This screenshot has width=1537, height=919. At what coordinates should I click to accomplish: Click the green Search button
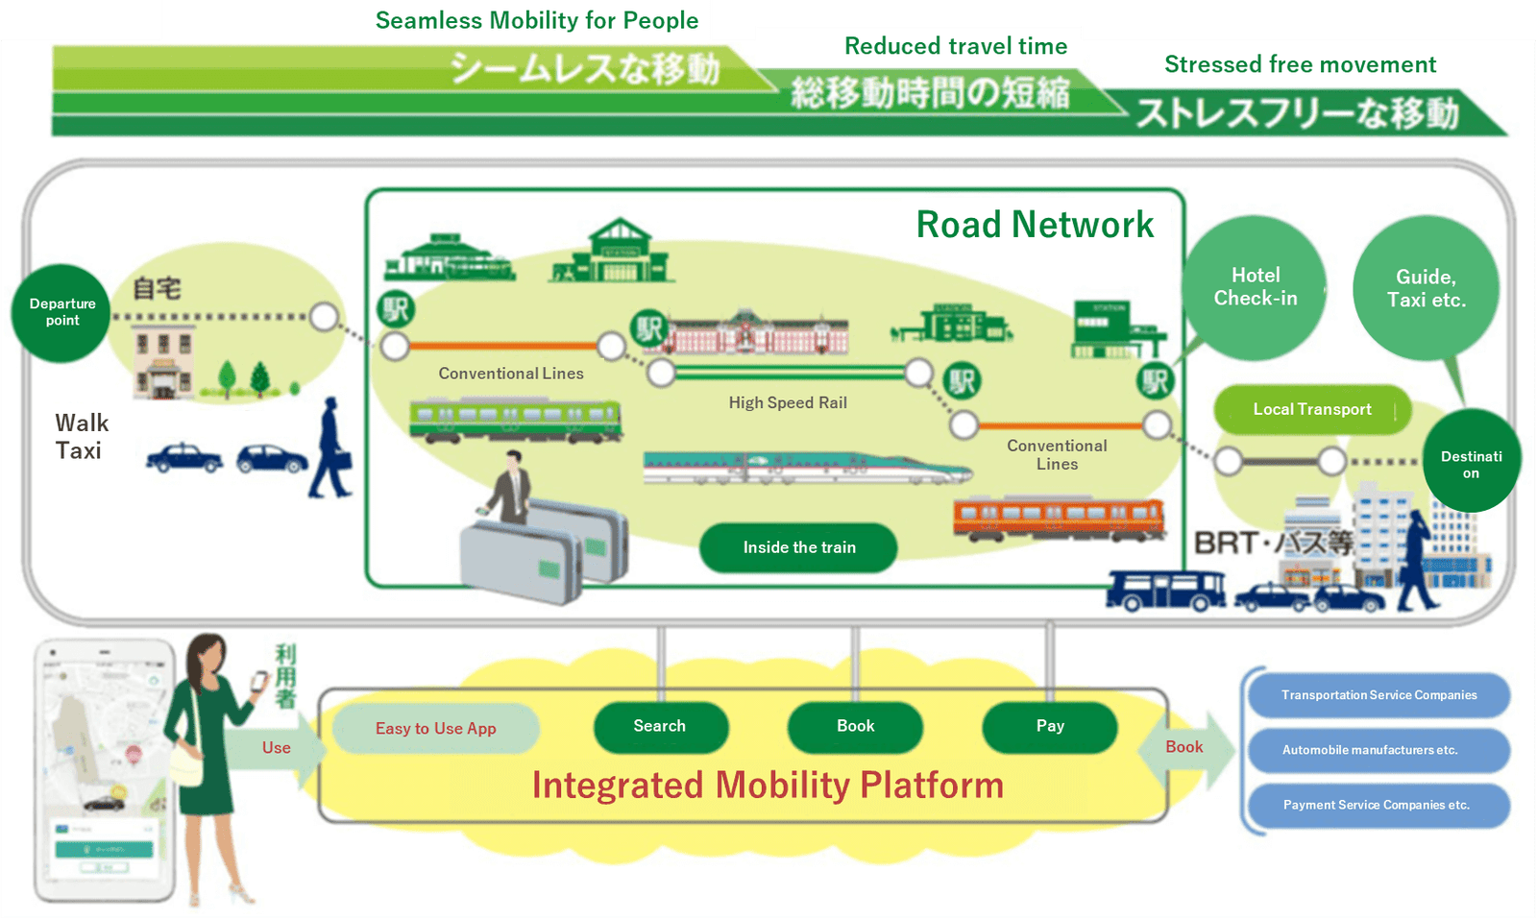[660, 727]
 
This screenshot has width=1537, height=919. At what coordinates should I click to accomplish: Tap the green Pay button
[1049, 727]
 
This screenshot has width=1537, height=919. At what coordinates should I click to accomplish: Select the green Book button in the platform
[855, 727]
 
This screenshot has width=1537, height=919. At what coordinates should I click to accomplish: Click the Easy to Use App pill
[435, 729]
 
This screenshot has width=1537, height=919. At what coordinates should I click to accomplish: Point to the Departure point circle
[61, 312]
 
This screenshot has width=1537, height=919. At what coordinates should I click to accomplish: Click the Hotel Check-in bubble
[1255, 287]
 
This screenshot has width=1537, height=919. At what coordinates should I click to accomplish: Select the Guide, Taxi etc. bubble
[1426, 288]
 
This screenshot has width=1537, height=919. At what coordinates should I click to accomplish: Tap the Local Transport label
[1311, 410]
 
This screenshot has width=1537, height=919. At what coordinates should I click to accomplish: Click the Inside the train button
[798, 547]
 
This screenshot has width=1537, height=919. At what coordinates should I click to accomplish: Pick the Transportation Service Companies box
[1378, 695]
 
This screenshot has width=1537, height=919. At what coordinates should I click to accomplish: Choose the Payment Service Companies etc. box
[1376, 806]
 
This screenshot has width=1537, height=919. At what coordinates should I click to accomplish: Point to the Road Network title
[1034, 225]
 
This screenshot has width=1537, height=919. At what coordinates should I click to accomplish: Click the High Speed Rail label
[788, 403]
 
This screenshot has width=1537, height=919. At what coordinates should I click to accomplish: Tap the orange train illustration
[1058, 518]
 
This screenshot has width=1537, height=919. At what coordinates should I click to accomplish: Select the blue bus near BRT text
[1164, 590]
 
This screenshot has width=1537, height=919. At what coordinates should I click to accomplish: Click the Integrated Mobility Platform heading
[768, 786]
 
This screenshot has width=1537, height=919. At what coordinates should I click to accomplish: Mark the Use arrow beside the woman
[277, 748]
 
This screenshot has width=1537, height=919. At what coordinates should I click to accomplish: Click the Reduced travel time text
[955, 46]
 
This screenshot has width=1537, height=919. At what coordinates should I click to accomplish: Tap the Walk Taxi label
[81, 437]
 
